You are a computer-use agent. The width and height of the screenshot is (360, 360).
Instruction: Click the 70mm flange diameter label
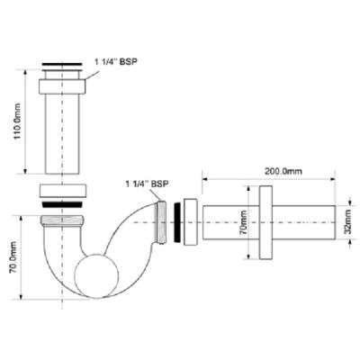242,221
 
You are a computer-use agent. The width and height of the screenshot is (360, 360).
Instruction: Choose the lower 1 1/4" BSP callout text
147,184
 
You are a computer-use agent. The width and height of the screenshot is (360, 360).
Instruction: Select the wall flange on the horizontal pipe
264,221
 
